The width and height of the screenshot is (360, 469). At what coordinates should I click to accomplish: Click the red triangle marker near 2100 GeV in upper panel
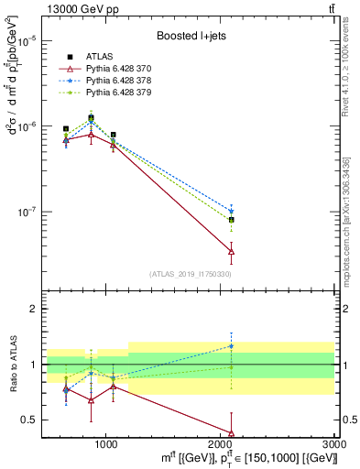(x=231, y=251)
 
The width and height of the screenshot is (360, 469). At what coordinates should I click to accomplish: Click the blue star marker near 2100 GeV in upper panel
(x=231, y=211)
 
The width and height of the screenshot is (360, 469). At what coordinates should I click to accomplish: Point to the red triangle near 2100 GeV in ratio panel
(x=231, y=433)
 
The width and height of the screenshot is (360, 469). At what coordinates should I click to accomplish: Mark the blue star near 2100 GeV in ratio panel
(x=231, y=346)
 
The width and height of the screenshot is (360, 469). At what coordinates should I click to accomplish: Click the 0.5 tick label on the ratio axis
(x=29, y=420)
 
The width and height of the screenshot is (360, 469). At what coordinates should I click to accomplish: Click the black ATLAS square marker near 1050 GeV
(x=113, y=135)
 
